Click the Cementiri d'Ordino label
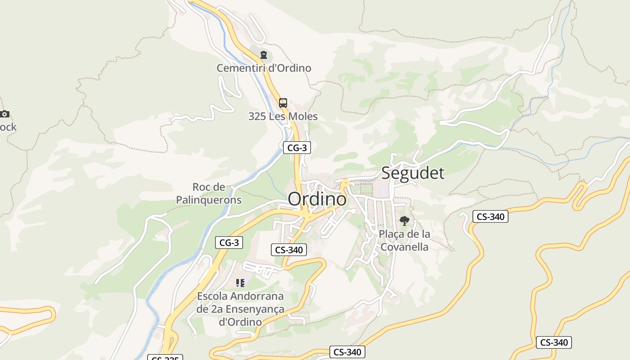(264, 68)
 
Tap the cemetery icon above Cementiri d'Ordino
(264, 55)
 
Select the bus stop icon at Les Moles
(283, 103)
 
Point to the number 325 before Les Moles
(257, 117)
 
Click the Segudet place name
(413, 173)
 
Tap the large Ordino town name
(317, 199)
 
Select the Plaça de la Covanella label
(404, 240)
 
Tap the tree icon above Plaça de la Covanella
(404, 221)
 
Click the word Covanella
(404, 247)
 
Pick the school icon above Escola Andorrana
(240, 283)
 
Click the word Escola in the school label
(212, 297)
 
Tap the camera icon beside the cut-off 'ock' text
(4, 114)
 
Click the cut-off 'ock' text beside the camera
(8, 127)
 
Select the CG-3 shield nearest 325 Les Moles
(297, 147)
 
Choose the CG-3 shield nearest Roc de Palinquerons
(229, 243)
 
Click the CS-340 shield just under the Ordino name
(288, 250)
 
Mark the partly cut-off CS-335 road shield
(165, 358)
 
